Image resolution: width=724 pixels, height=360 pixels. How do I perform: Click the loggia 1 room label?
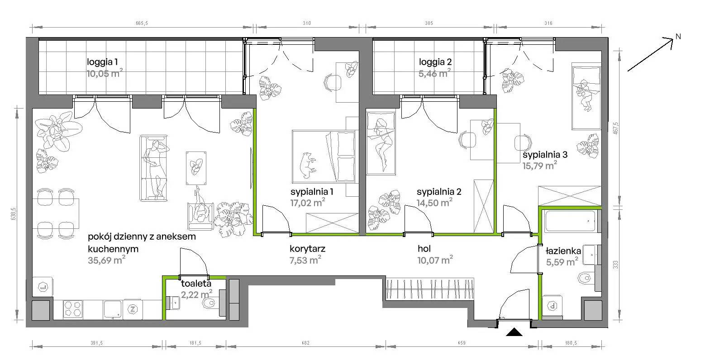(102, 62)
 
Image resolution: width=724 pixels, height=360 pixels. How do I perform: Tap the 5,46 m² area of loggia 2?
(434, 73)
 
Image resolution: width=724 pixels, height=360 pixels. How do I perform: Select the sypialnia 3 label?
(545, 155)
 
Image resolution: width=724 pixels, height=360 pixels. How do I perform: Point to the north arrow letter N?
(678, 37)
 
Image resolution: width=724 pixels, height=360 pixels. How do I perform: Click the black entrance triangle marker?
(514, 332)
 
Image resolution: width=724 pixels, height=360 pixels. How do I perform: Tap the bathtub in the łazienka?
(570, 221)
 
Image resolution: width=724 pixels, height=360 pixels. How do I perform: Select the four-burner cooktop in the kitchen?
(73, 309)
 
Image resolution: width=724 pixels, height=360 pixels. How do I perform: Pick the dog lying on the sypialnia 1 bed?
(307, 165)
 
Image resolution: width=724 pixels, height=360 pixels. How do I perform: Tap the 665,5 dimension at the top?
(142, 23)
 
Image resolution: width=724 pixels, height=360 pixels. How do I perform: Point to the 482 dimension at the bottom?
(305, 343)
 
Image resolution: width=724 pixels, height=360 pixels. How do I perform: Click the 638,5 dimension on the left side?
(14, 213)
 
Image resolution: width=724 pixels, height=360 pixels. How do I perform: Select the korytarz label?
(307, 249)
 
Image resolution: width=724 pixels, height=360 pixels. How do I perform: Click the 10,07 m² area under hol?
(435, 260)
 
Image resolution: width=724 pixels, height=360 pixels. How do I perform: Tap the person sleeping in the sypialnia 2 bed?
(383, 144)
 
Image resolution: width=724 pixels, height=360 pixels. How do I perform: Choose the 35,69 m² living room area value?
(106, 260)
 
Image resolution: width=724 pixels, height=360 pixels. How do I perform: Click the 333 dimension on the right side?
(615, 265)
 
